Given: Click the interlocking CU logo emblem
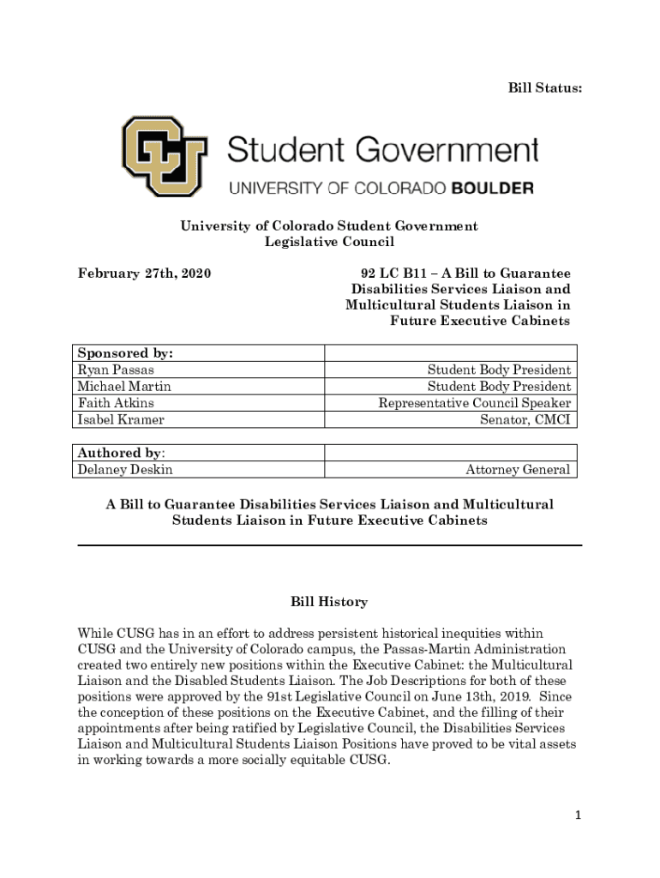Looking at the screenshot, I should coord(164,157).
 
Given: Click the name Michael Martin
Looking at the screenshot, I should coord(124,387).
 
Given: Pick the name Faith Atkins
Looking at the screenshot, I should coord(116,403).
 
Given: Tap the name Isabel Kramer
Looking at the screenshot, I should coord(121,420).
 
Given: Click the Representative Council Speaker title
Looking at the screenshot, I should coord(475,403).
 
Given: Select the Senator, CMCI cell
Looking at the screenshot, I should coord(525,420).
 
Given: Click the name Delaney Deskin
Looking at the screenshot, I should coord(125,470).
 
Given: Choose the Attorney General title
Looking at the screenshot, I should coord(518,470).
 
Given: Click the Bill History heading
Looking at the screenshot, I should coord(329,603).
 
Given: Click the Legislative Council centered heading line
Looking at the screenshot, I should coord(329,243).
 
